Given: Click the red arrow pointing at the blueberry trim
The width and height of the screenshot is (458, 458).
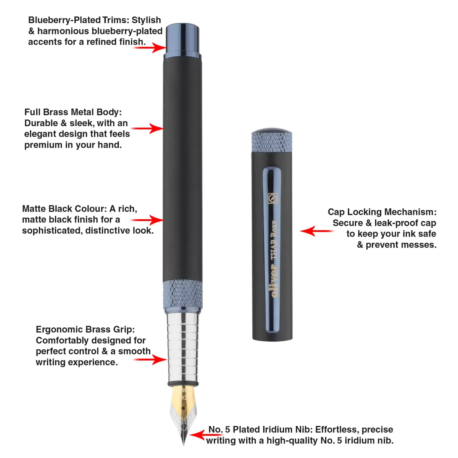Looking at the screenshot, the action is (x=150, y=48).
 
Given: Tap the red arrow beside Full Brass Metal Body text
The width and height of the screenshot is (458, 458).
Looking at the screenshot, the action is (x=147, y=128).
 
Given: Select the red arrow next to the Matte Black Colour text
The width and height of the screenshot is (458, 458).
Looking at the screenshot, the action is (x=147, y=220).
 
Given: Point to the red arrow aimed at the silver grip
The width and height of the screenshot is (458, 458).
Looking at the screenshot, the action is (x=150, y=360).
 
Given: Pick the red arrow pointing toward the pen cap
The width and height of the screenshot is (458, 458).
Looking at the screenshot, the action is (x=316, y=231).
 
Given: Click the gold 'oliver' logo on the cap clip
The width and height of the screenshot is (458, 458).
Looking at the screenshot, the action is (x=274, y=281).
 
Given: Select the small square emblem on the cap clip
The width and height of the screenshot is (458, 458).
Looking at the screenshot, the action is (x=273, y=198).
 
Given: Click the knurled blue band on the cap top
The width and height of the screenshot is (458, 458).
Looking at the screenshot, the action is (x=272, y=142).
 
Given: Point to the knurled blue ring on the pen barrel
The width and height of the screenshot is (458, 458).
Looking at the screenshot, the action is (x=182, y=294).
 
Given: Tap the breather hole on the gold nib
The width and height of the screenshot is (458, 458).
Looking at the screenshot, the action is (x=183, y=408).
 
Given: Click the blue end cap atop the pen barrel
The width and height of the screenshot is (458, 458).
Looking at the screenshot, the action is (x=182, y=40).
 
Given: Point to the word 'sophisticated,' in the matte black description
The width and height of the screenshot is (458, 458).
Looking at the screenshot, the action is (x=52, y=231).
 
